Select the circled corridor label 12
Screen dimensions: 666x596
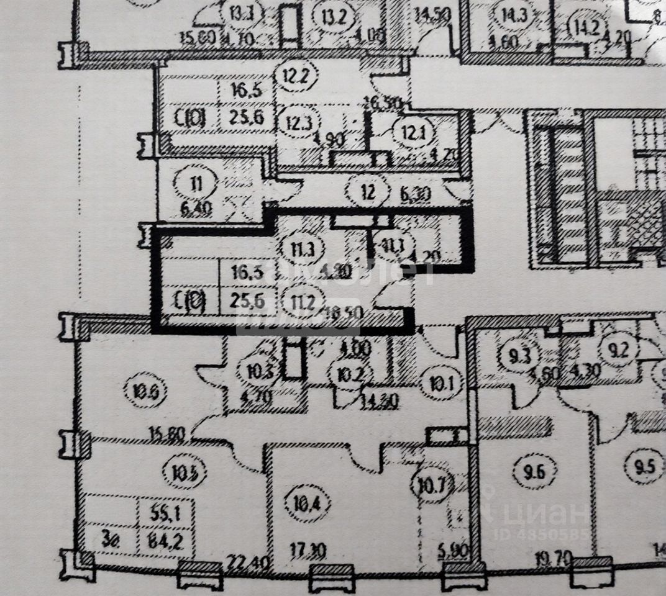coord(368,191)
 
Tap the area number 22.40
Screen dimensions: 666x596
coord(240,564)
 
